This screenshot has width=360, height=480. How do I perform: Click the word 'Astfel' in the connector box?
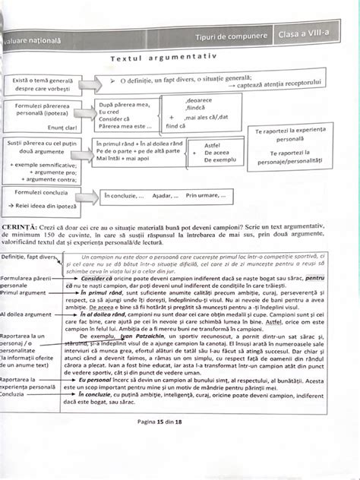[x=214, y=144]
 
